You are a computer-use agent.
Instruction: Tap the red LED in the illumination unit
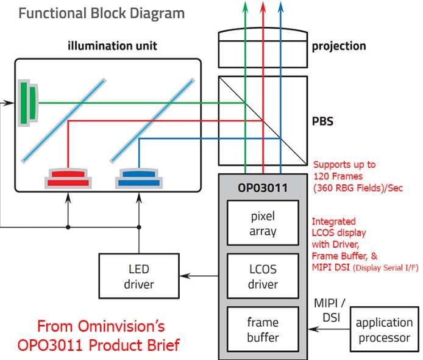coord(68,178)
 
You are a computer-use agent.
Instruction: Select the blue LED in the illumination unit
coord(139,178)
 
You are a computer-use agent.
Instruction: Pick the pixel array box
coord(263,224)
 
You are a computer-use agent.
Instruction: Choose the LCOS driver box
coord(263,276)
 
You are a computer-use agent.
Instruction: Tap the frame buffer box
coord(263,329)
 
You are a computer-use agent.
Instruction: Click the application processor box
coord(384,329)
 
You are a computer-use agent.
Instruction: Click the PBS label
coord(322,120)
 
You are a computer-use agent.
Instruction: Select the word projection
coord(339,46)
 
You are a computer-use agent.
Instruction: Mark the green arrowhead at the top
coord(245,5)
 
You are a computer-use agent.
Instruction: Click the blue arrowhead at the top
coord(280,5)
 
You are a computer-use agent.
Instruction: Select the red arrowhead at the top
coord(263,5)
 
